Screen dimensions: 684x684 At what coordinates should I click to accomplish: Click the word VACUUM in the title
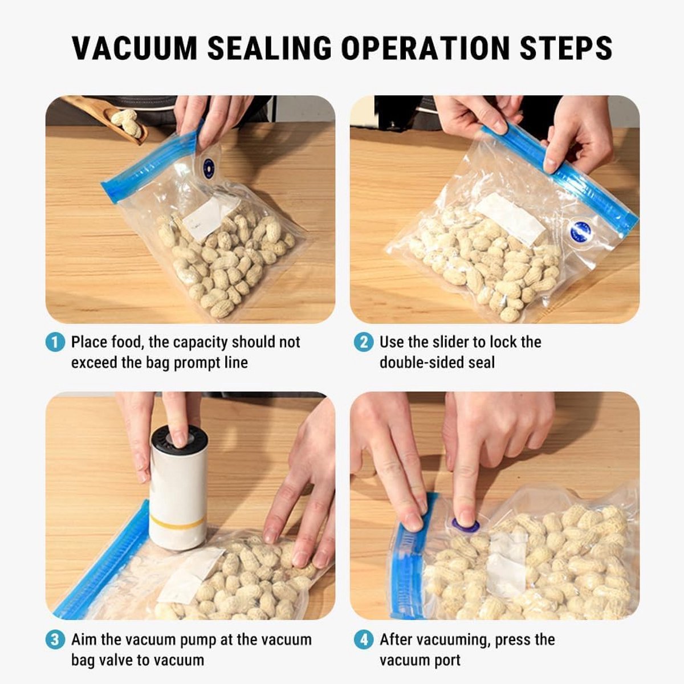(x=135, y=47)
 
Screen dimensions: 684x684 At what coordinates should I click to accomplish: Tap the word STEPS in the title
(x=566, y=47)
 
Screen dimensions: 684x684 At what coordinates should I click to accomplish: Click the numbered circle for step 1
(x=55, y=342)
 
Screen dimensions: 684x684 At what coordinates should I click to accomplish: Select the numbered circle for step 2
(x=364, y=342)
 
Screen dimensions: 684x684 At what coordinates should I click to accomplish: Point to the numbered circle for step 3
(x=55, y=640)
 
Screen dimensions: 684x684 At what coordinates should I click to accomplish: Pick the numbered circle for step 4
(x=364, y=640)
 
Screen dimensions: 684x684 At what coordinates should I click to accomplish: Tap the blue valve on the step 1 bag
(x=209, y=166)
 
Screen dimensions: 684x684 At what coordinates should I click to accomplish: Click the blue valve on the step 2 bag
(x=580, y=231)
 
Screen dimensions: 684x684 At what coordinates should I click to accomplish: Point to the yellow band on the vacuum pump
(x=177, y=522)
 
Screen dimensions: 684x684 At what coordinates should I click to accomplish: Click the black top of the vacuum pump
(x=179, y=440)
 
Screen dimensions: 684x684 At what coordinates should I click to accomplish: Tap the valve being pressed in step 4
(x=465, y=524)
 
